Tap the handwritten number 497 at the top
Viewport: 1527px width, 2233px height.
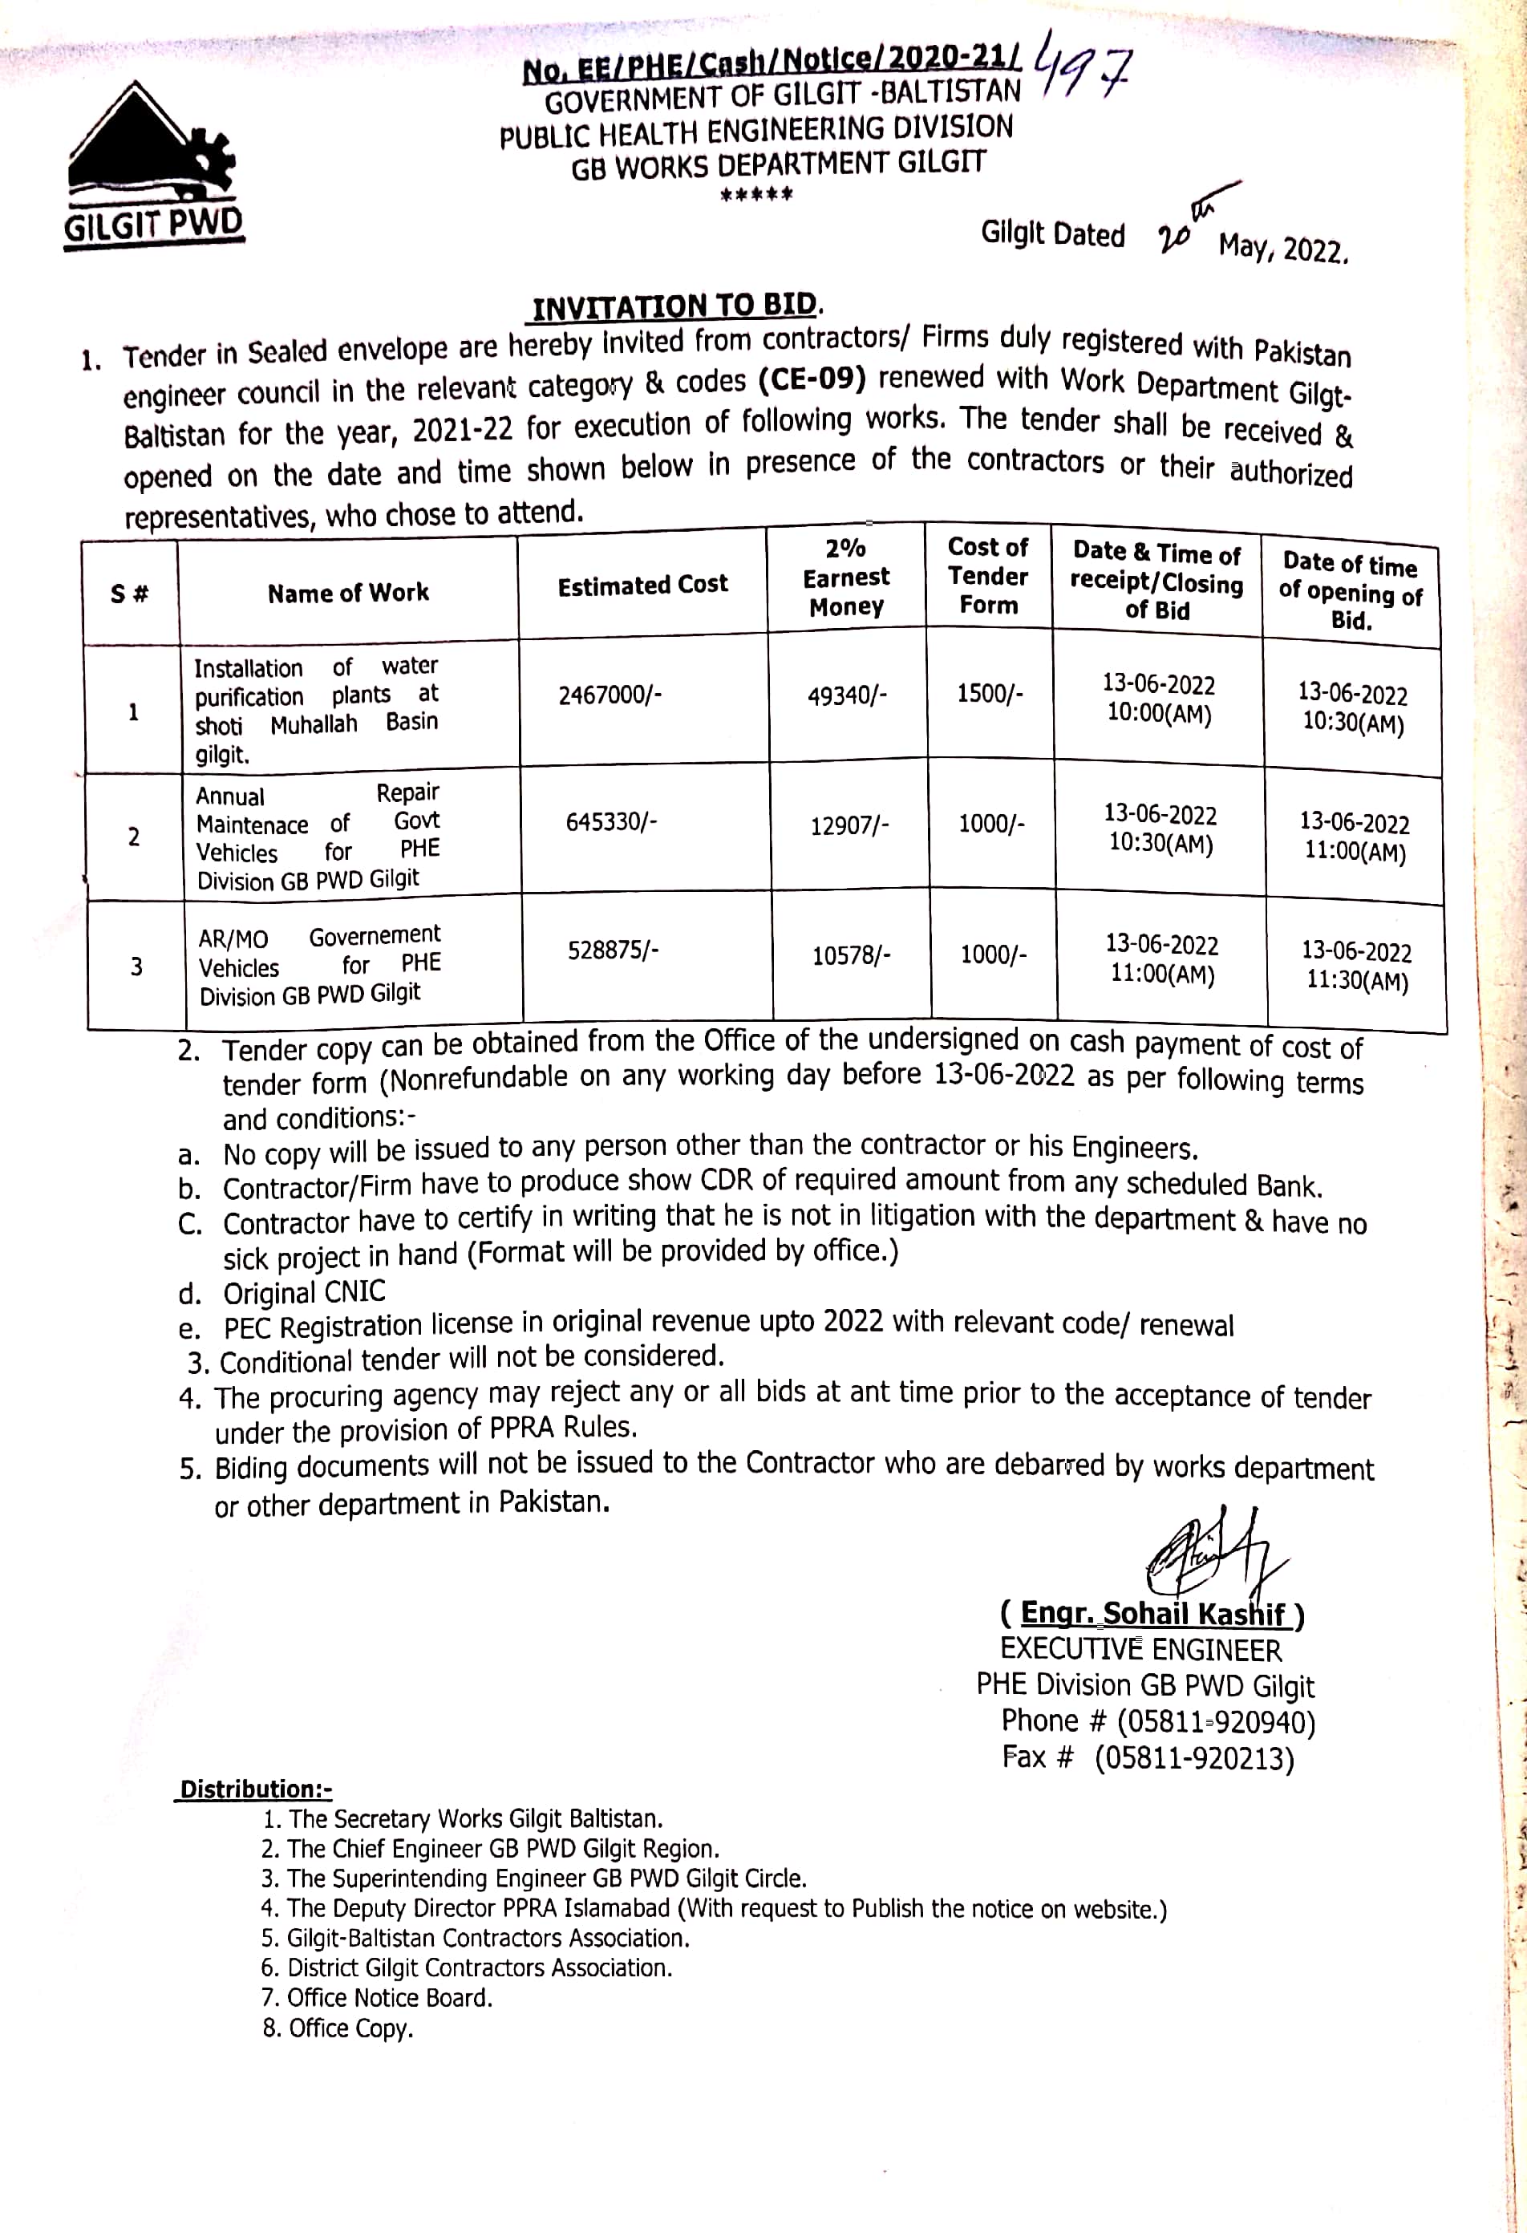[x=1082, y=71]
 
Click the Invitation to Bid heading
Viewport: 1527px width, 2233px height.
[x=675, y=306]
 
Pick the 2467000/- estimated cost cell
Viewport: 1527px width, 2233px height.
[x=610, y=695]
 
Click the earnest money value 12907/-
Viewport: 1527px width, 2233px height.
[x=849, y=825]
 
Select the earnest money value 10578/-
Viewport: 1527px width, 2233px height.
[x=852, y=956]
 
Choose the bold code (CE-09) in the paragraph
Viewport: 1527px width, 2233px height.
[x=812, y=379]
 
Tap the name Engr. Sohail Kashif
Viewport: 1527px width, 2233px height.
[x=1152, y=1613]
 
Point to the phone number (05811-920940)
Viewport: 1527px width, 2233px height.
[x=1215, y=1722]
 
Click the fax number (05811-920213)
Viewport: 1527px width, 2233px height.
[x=1193, y=1758]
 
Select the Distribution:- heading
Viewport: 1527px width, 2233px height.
[x=256, y=1789]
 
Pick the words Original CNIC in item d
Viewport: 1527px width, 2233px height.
[x=305, y=1292]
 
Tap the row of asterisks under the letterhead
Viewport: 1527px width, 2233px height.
[x=757, y=195]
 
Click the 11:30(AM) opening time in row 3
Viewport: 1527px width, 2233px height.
[x=1357, y=981]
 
